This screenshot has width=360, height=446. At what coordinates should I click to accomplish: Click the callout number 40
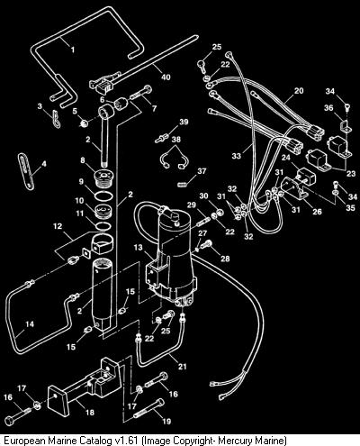166,77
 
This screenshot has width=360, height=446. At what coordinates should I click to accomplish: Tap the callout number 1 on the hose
72,50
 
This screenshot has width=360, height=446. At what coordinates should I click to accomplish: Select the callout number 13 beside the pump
138,248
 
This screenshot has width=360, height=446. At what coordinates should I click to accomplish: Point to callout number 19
166,422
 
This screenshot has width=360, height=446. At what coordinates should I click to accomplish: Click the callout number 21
183,367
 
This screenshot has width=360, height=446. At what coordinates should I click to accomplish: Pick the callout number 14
30,324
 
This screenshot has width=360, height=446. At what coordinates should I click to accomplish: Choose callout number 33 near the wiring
237,156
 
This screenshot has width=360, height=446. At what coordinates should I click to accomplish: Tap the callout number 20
299,91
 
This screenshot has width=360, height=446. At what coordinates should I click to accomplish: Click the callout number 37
202,171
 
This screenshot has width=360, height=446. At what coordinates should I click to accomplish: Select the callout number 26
317,212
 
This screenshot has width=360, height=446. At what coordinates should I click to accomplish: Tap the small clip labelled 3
56,119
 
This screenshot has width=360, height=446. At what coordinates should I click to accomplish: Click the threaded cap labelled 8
103,177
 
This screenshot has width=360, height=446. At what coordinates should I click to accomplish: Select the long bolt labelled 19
149,409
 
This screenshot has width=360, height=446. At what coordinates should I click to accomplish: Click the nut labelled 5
84,123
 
